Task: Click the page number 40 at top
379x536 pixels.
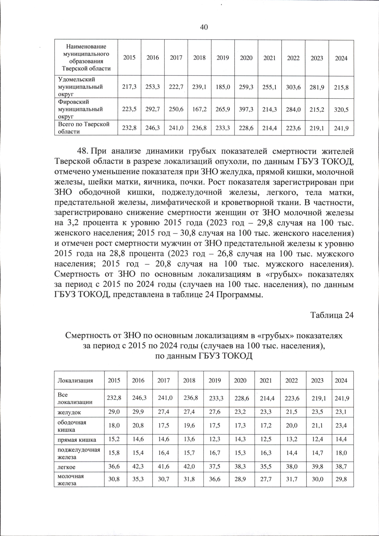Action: [204, 28]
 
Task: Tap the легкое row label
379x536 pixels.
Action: [66, 467]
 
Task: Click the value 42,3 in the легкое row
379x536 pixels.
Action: [138, 467]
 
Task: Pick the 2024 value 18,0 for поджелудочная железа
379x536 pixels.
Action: [341, 453]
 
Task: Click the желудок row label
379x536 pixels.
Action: [69, 412]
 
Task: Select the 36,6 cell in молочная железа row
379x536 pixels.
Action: [214, 479]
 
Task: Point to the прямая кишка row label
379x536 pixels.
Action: [77, 440]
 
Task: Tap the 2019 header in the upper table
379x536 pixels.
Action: [223, 58]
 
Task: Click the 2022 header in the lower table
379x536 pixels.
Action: [291, 380]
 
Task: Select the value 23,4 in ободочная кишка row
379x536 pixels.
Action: [341, 426]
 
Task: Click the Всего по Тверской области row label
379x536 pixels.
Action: [83, 128]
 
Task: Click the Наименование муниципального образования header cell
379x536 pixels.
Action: [86, 58]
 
